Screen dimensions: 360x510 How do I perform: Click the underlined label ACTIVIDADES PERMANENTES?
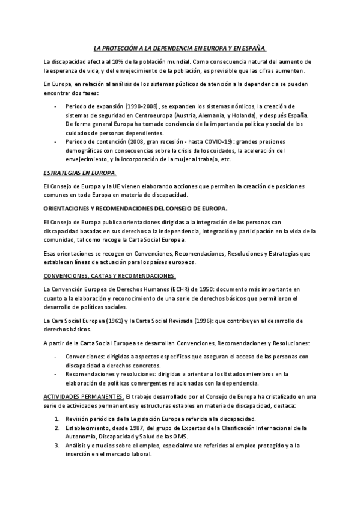[x=84, y=397]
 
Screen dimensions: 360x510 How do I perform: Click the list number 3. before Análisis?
[x=56, y=445]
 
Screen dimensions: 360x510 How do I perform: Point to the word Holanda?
[x=243, y=115]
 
